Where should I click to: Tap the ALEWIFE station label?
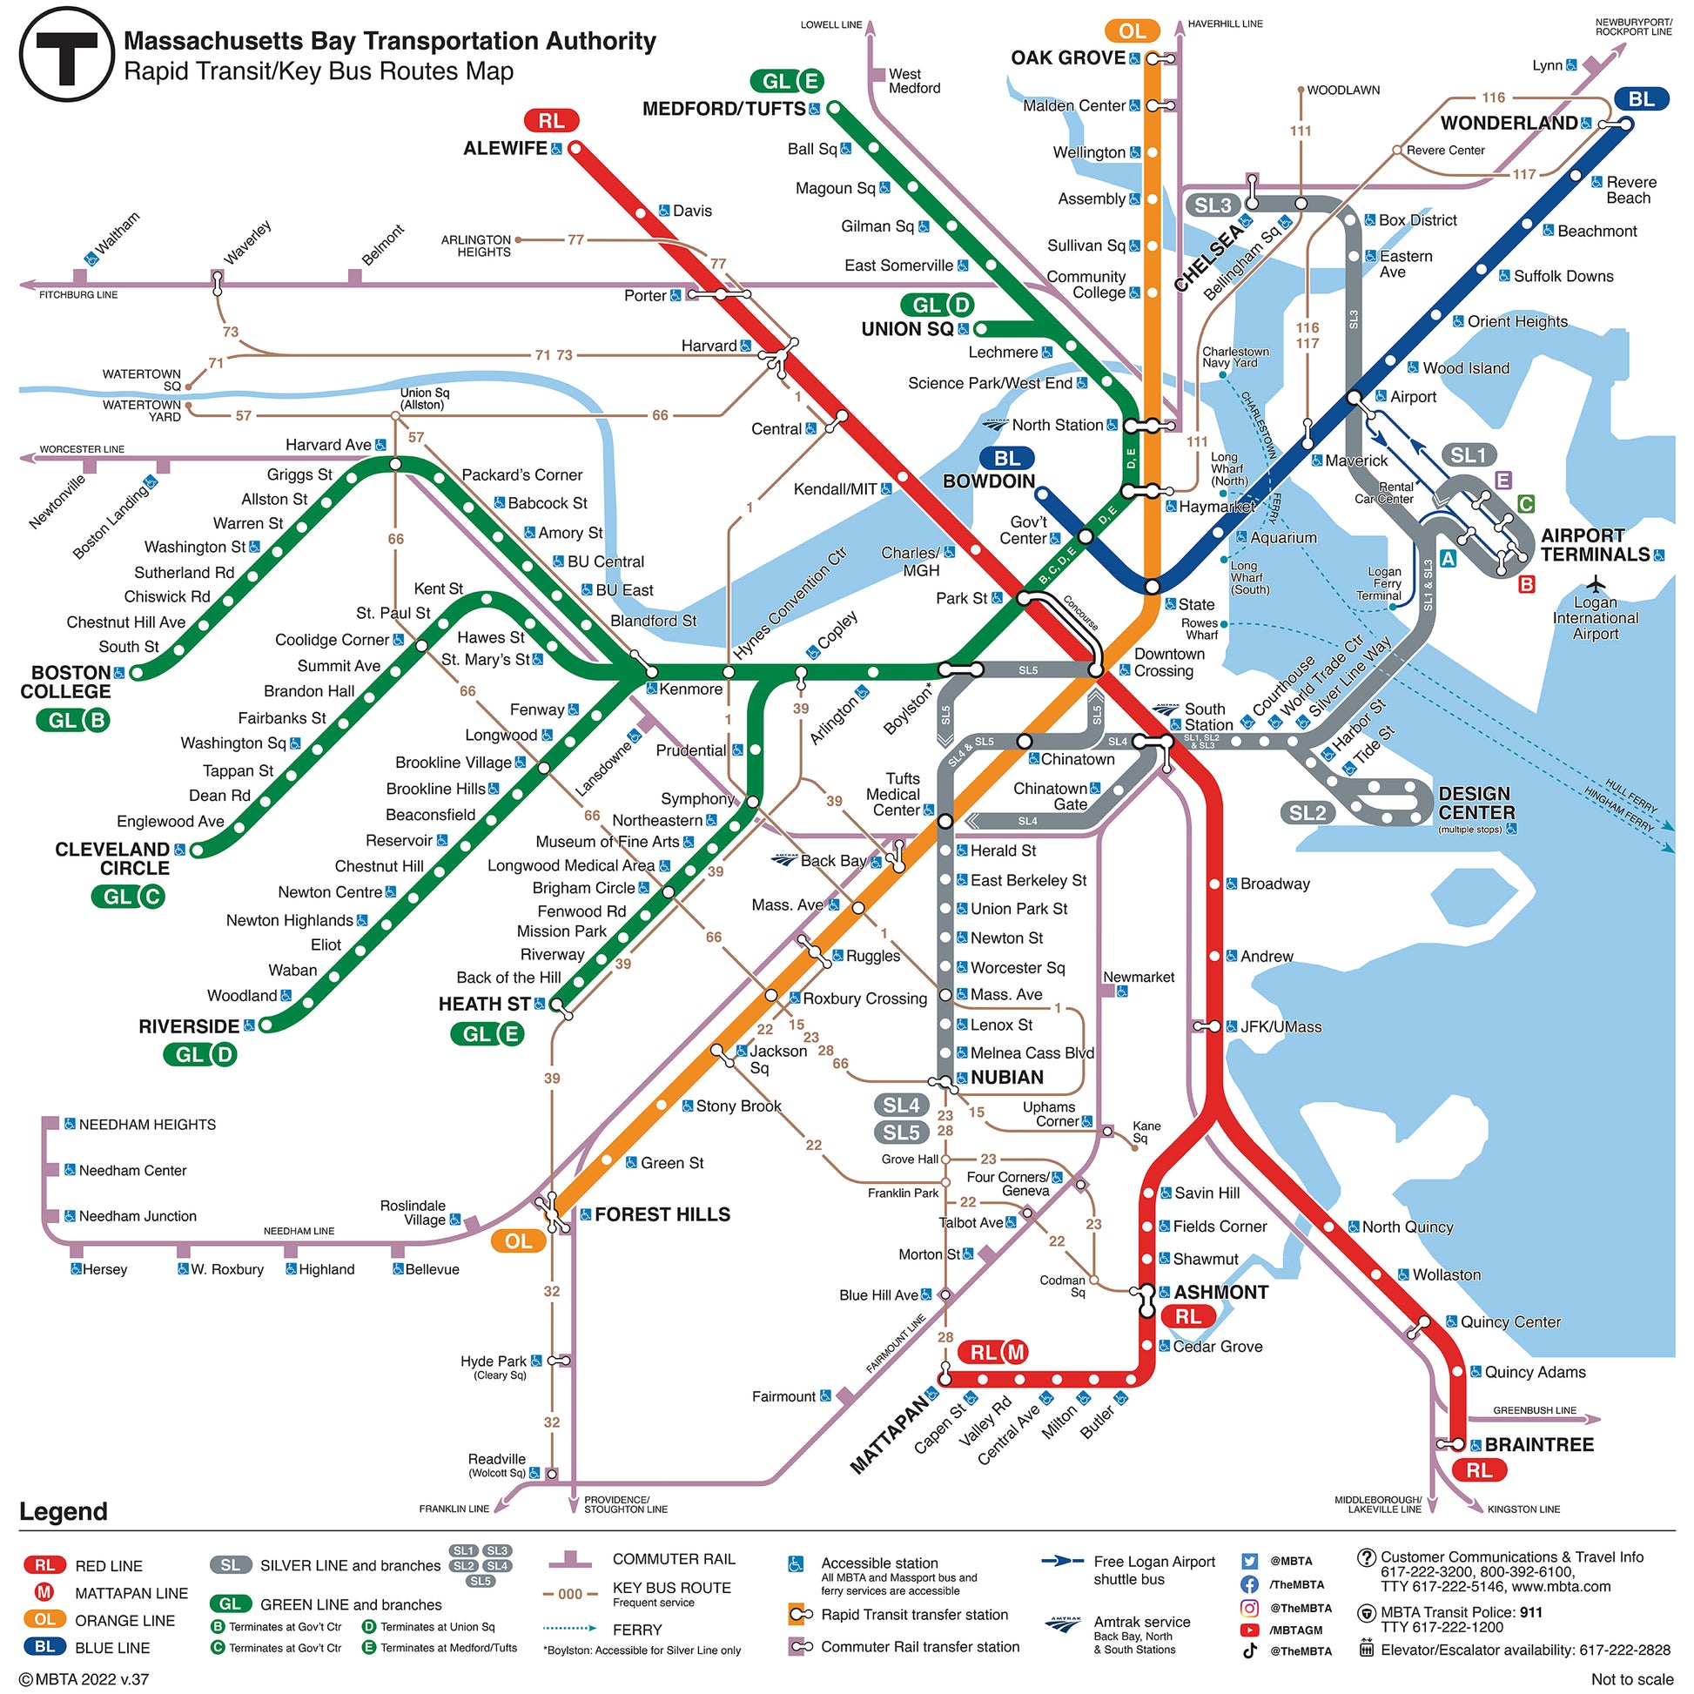pos(505,148)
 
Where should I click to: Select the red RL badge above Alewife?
pos(551,121)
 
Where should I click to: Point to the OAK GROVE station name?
pos(1067,57)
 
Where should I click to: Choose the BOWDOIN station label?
pos(988,481)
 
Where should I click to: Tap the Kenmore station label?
pos(691,689)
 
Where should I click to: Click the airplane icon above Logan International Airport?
pos(1595,583)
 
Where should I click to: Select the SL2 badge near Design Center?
pos(1307,813)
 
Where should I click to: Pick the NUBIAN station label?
pos(1006,1078)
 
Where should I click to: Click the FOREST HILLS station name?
pos(662,1214)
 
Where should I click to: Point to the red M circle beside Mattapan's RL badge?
pos(1015,1353)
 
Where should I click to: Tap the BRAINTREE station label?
pos(1539,1444)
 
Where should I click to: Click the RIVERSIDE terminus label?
pos(189,1026)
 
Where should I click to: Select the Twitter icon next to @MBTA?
pos(1249,1561)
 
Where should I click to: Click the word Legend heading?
pos(64,1510)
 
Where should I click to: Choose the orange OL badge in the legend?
pos(44,1619)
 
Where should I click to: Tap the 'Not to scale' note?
pos(1631,1678)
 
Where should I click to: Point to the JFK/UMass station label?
pos(1281,1026)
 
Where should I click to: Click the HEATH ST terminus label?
pos(484,1004)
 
